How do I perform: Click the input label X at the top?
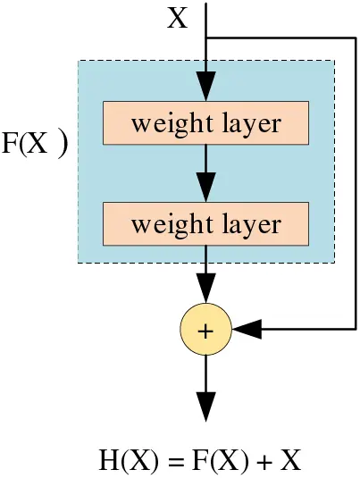coord(178,18)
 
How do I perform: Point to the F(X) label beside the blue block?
coord(35,144)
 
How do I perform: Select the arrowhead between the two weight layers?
coord(206,189)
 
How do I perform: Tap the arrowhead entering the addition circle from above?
coord(206,291)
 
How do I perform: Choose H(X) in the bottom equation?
coord(129,461)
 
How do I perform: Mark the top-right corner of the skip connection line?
coord(356,38)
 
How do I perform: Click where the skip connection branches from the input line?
coord(206,38)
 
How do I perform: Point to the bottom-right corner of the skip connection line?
coord(356,330)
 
